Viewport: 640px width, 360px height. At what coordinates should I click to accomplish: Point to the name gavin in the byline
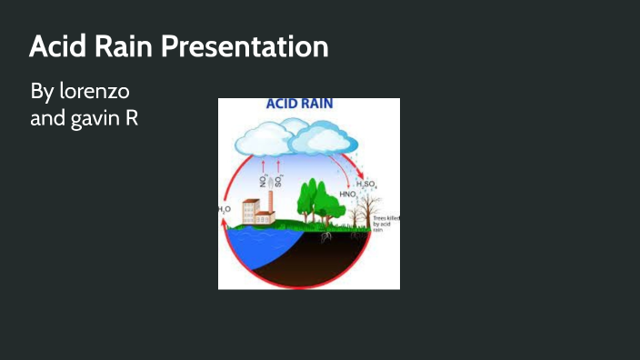coord(90,118)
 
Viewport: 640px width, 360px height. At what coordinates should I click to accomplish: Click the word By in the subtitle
coord(42,92)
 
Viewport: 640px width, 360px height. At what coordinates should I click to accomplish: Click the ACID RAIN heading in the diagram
coord(299,104)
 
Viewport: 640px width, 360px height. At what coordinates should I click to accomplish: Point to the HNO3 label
coord(349,195)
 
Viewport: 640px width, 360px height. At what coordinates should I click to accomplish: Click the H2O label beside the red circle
coord(225,209)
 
